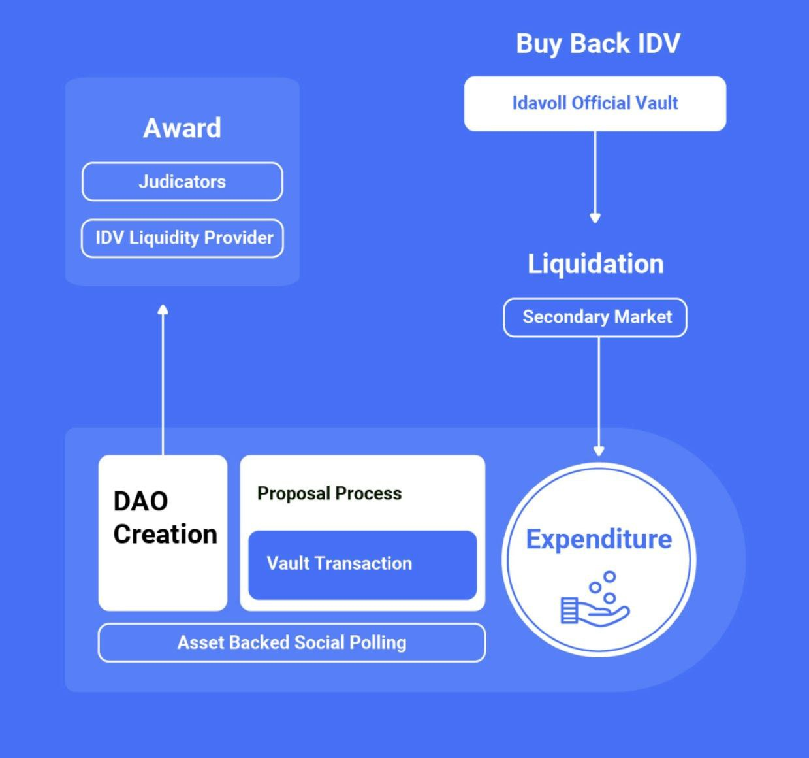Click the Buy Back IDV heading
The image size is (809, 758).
click(597, 44)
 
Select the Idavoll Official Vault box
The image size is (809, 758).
click(595, 103)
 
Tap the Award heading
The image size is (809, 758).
click(182, 128)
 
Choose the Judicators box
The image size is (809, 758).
click(182, 182)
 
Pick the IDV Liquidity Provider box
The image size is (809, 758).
click(182, 238)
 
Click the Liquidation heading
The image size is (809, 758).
click(595, 264)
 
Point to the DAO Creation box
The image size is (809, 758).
click(163, 533)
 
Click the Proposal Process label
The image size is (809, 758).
click(329, 493)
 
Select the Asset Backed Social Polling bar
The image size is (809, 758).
click(292, 643)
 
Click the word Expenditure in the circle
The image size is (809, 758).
click(599, 540)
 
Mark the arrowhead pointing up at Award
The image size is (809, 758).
click(163, 309)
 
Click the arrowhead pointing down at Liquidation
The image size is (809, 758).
click(595, 218)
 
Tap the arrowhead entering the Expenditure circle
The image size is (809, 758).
click(599, 451)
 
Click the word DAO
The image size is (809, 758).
click(140, 502)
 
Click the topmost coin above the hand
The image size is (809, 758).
click(609, 577)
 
